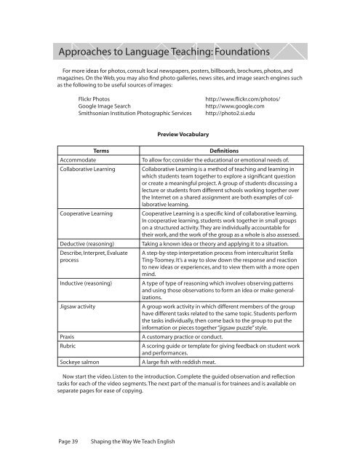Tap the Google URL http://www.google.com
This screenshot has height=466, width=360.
click(x=237, y=106)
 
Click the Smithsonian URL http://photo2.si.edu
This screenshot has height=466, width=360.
click(x=232, y=114)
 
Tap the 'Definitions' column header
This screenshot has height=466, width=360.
click(x=220, y=149)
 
